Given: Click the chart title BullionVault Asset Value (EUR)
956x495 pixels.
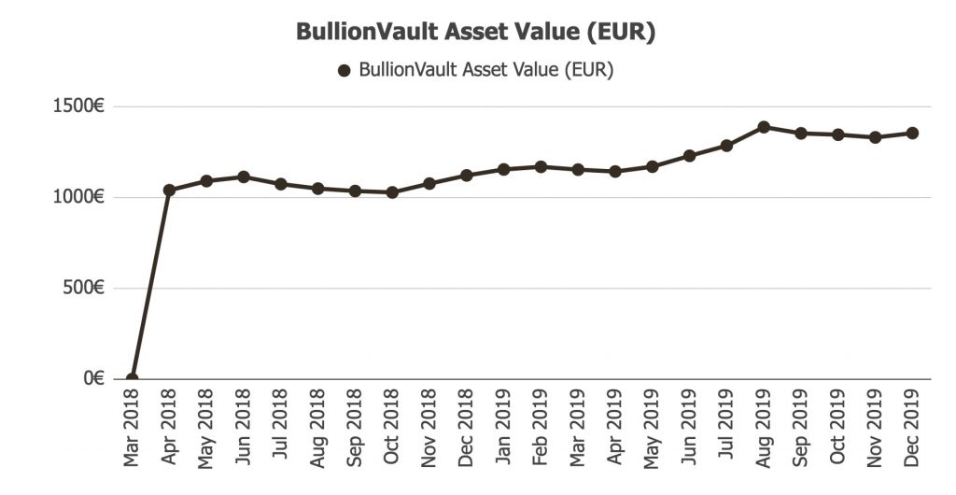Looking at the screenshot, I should (476, 32).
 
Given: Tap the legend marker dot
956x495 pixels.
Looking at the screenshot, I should (344, 70).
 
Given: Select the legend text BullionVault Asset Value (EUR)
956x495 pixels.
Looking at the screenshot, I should (485, 70).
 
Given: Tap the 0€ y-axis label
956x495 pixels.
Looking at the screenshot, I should (92, 378).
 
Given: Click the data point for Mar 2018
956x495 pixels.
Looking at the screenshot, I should (132, 378).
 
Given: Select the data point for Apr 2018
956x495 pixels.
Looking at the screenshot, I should (169, 191).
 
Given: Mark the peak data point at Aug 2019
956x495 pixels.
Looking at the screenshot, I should (764, 127).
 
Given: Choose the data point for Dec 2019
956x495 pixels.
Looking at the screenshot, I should (912, 133).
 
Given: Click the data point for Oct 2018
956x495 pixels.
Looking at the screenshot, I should (392, 192).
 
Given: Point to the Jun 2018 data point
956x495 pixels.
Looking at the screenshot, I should (244, 177).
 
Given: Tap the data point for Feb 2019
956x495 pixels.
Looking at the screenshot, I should (541, 166).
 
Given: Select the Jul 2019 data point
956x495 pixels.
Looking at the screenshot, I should (726, 146).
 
